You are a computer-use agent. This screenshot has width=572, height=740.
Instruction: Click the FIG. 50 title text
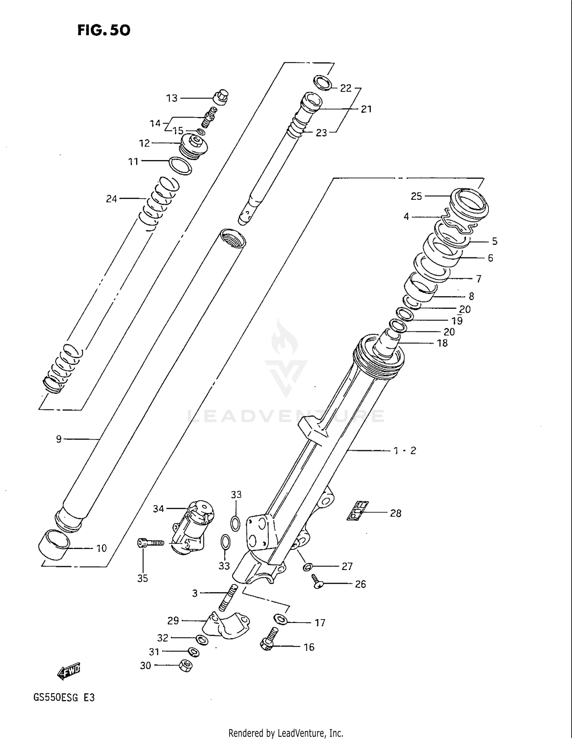[x=104, y=30]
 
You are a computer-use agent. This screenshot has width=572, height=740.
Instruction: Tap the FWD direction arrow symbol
[x=69, y=671]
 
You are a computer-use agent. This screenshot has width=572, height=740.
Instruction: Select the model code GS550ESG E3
[x=64, y=698]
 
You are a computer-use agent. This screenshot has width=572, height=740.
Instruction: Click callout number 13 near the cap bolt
[x=172, y=98]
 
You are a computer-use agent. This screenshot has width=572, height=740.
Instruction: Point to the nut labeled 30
[x=186, y=666]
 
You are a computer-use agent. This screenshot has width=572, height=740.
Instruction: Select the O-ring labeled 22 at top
[x=323, y=83]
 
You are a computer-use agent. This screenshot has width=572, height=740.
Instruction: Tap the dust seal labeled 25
[x=469, y=201]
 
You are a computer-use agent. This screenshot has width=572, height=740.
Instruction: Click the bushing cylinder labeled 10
[x=54, y=544]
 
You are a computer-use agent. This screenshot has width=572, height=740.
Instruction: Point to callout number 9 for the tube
[x=58, y=440]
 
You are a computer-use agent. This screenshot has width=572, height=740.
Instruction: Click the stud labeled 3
[x=228, y=598]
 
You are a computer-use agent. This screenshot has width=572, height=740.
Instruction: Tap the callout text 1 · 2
[x=405, y=451]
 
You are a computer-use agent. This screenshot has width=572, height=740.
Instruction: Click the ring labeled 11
[x=180, y=165]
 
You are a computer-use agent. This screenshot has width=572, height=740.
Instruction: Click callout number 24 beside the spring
[x=111, y=199]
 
